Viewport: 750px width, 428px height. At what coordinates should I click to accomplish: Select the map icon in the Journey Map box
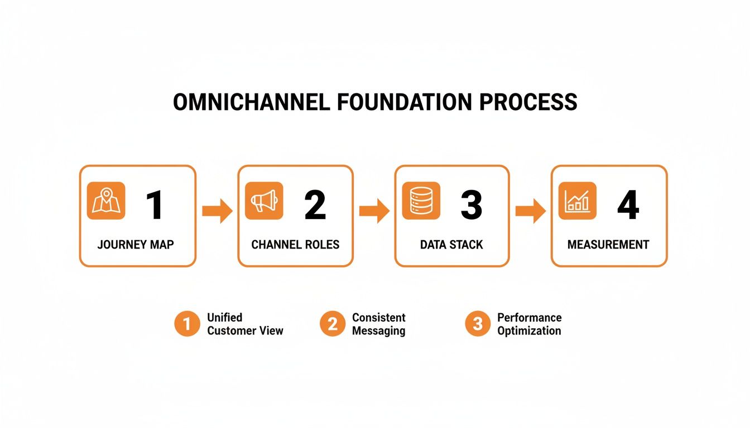point(106,201)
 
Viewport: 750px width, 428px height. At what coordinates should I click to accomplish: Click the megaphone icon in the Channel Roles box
point(264,201)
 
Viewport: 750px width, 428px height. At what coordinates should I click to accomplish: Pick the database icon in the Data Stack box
point(421,201)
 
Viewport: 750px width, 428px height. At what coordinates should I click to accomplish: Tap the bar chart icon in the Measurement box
point(577,201)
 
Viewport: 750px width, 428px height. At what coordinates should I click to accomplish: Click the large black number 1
point(155,205)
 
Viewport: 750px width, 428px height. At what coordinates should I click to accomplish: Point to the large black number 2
point(315,205)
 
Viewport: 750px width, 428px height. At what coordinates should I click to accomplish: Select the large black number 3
point(472,205)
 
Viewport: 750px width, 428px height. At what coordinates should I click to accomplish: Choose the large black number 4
point(628,205)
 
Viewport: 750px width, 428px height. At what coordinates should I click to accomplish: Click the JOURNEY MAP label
point(136,245)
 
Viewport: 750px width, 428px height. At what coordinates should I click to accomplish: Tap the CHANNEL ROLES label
point(295,245)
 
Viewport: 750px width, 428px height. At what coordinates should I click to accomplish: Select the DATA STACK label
point(451,245)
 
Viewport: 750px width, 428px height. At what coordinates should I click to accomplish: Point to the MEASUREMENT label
point(608,245)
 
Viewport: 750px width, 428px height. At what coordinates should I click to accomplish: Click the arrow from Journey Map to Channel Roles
point(217,211)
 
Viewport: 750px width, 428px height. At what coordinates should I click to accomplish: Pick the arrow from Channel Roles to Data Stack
point(374,211)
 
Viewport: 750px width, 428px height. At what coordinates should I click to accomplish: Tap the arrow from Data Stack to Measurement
point(530,211)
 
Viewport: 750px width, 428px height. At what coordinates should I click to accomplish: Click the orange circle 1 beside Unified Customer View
point(187,324)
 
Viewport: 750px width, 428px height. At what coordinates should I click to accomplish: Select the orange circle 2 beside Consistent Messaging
point(333,324)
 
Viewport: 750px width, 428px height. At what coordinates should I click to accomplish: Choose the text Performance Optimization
point(529,324)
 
